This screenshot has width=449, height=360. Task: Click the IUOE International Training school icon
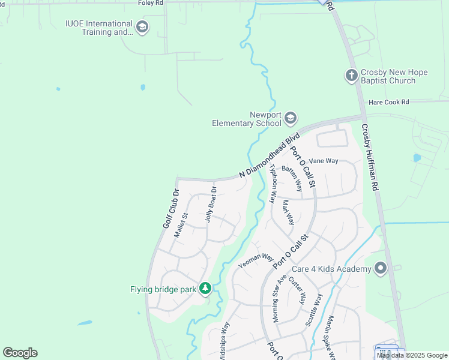click(142, 27)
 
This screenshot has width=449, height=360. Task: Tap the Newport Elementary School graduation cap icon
click(291, 118)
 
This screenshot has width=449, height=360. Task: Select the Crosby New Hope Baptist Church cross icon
click(351, 76)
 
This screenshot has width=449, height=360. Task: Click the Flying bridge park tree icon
click(205, 289)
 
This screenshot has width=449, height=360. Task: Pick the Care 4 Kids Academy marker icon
click(380, 268)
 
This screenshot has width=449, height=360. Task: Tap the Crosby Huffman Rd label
click(369, 157)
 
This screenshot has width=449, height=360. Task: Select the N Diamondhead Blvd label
click(269, 155)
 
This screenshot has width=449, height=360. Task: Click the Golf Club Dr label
click(172, 209)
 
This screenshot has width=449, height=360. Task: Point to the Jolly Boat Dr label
click(210, 204)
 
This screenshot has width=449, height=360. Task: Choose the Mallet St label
click(181, 225)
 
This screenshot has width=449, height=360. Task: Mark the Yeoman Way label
click(256, 260)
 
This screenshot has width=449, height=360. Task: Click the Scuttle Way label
click(314, 310)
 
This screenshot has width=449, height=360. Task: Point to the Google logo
click(20, 353)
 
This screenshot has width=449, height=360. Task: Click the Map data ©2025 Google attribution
click(412, 355)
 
